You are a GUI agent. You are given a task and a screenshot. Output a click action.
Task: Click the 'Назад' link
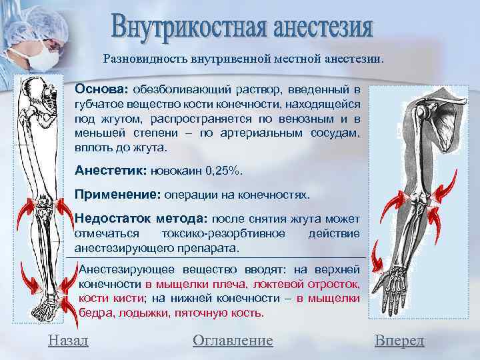coord(67,341)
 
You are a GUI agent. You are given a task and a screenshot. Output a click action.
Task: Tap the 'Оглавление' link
coord(233,341)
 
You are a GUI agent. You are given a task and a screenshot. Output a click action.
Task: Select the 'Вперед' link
coord(399,341)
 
